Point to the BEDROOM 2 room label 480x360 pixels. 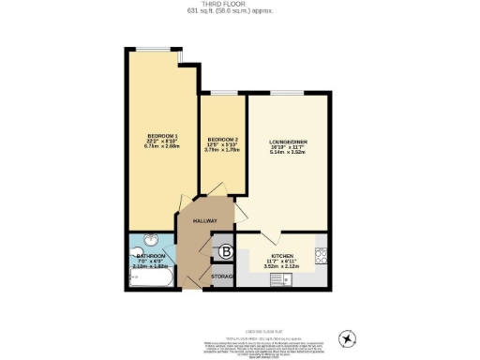pos(223,140)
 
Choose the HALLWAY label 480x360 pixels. pos(205,220)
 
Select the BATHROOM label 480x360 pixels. pos(151,256)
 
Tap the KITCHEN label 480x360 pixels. pos(282,255)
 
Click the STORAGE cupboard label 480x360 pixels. pos(223,277)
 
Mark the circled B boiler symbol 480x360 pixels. pos(225,251)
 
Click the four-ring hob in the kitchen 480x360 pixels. pos(320,253)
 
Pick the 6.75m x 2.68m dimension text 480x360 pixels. pos(161,145)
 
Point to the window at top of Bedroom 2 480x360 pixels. pos(223,93)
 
